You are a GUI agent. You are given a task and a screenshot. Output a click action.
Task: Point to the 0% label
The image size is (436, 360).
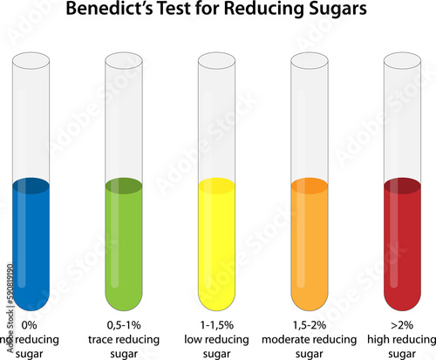(x=29, y=325)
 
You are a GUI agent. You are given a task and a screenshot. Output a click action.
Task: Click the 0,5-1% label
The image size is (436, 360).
(x=123, y=325)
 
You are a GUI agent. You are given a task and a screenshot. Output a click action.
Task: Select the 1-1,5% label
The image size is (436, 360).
(x=216, y=325)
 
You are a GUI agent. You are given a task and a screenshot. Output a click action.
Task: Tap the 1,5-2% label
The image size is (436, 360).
(x=309, y=325)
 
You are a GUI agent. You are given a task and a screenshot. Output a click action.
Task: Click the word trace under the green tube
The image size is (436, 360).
(x=103, y=339)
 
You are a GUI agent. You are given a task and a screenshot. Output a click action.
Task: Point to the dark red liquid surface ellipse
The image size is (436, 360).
(x=402, y=186)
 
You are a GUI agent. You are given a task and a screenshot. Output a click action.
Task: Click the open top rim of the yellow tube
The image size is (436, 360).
(x=216, y=60)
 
